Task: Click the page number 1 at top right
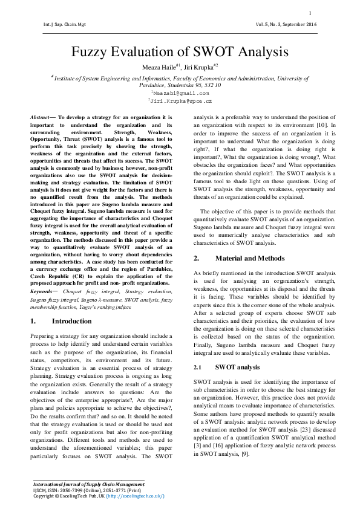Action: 310,13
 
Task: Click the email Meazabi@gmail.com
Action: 180,94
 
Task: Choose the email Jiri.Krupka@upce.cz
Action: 180,102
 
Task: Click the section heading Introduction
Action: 73,321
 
